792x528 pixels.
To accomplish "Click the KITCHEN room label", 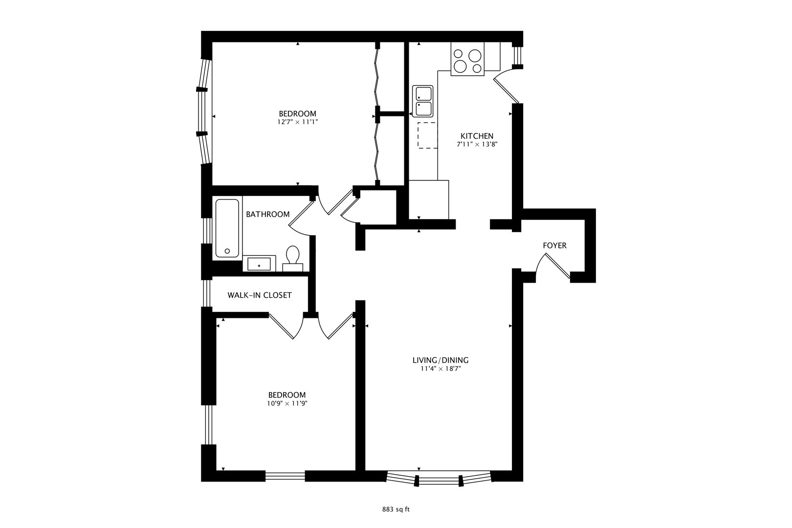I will point(477,136).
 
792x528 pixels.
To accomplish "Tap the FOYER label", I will point(554,245).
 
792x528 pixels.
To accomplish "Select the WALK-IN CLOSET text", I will point(259,295).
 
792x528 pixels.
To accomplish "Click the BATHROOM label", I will point(267,214).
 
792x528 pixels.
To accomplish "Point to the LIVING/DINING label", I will point(440,360).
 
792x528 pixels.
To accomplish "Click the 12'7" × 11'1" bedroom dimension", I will point(297,123).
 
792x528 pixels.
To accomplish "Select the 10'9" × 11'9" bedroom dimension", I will point(286,404).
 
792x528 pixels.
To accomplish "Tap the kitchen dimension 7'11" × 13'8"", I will point(477,145).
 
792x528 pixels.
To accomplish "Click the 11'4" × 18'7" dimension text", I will point(440,369).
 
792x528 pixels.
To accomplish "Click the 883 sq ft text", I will point(396,509).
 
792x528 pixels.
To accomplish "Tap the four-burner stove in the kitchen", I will point(467,61).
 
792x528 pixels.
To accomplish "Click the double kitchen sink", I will point(423,102).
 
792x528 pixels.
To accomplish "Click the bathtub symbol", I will point(227,228).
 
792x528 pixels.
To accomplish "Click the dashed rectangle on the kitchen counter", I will point(427,135).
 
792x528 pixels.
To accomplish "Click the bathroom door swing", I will point(301,215).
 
